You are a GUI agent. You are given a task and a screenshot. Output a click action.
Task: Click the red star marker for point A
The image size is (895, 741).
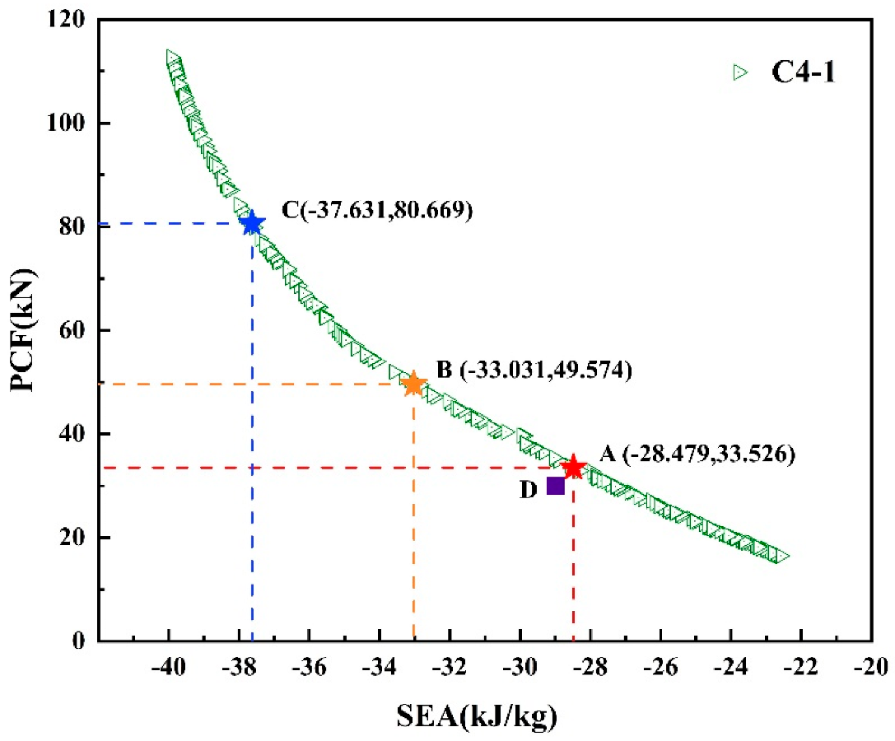tap(573, 468)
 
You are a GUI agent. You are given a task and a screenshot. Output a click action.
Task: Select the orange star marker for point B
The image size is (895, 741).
tap(413, 384)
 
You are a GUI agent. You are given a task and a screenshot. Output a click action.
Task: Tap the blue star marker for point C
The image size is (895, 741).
tap(252, 224)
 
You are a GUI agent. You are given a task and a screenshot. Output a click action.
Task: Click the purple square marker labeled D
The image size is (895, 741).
tap(556, 486)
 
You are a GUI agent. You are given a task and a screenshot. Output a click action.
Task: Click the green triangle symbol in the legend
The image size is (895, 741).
tap(739, 72)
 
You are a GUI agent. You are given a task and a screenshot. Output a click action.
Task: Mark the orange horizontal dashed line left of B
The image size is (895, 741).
tap(247, 384)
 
